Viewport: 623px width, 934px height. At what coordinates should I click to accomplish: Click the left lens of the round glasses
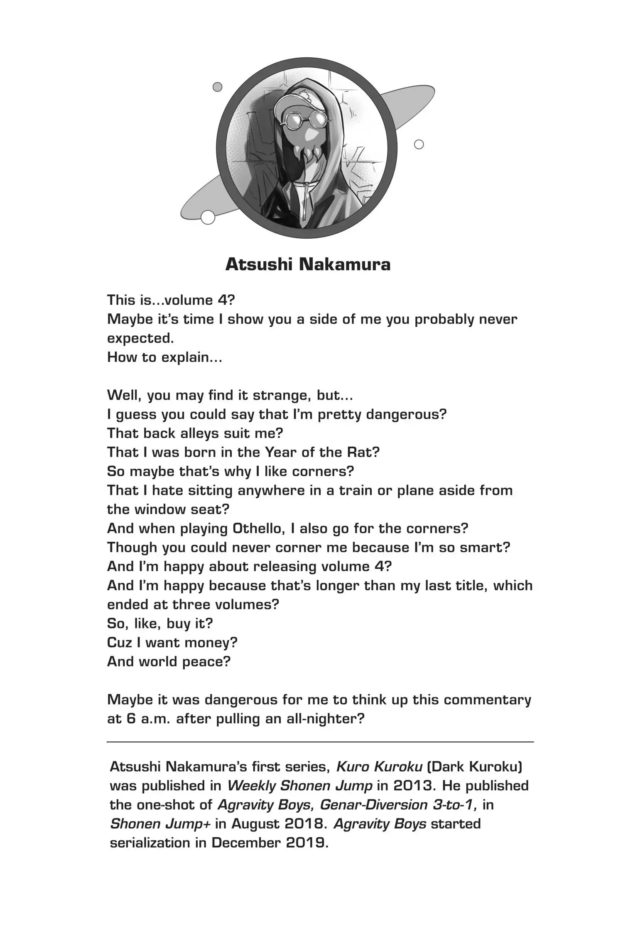click(x=294, y=121)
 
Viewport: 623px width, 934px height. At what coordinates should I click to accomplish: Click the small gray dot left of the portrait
click(x=217, y=87)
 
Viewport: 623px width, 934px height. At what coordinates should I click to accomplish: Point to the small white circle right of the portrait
click(x=419, y=144)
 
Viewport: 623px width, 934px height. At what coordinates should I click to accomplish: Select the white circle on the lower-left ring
click(x=207, y=217)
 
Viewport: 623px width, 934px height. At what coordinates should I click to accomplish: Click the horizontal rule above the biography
click(x=320, y=742)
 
